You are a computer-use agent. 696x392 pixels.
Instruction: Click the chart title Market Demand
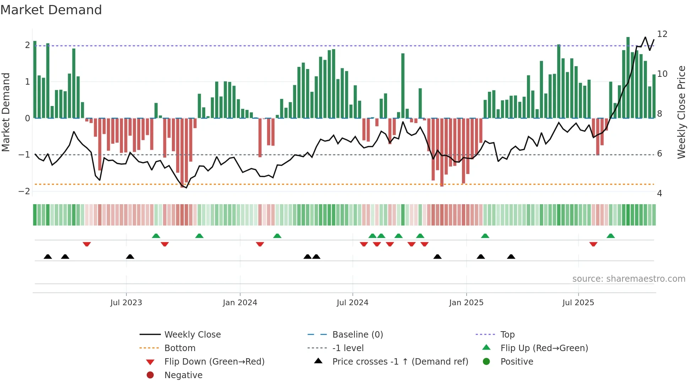pyautogui.click(x=51, y=10)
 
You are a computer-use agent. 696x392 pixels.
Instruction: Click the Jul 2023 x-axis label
pyautogui.click(x=126, y=303)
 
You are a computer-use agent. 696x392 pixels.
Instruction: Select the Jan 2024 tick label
pyautogui.click(x=240, y=303)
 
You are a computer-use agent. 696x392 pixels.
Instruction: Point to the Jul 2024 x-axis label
pyautogui.click(x=352, y=303)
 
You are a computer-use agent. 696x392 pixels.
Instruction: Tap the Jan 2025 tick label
pyautogui.click(x=466, y=303)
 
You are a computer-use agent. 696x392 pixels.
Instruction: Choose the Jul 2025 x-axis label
pyautogui.click(x=578, y=303)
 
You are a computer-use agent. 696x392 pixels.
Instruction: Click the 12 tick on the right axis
pyautogui.click(x=662, y=34)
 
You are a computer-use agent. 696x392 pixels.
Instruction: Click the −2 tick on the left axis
pyautogui.click(x=24, y=191)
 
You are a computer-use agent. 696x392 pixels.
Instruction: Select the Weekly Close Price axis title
pyautogui.click(x=681, y=112)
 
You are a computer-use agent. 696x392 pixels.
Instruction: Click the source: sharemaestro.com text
pyautogui.click(x=629, y=279)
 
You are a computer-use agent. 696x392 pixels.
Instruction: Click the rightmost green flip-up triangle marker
pyautogui.click(x=610, y=236)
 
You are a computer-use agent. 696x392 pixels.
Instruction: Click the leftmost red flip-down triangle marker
pyautogui.click(x=87, y=244)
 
